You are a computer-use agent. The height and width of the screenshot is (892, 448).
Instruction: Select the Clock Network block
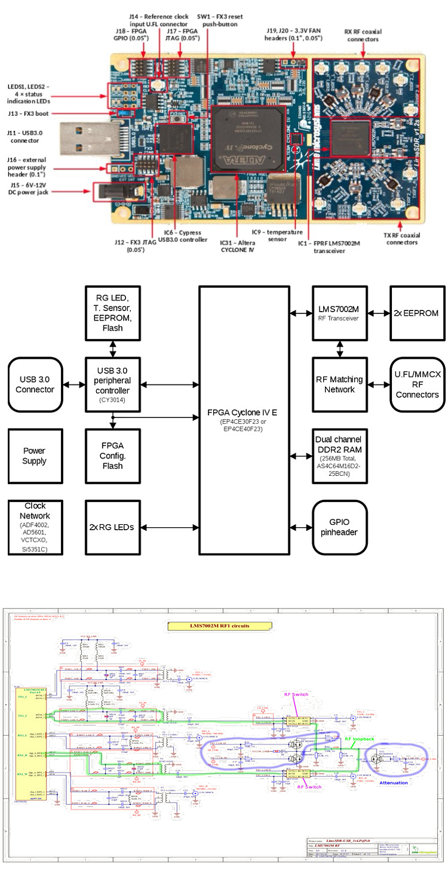[x=34, y=527]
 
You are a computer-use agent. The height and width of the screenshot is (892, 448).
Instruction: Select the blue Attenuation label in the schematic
[x=393, y=782]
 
